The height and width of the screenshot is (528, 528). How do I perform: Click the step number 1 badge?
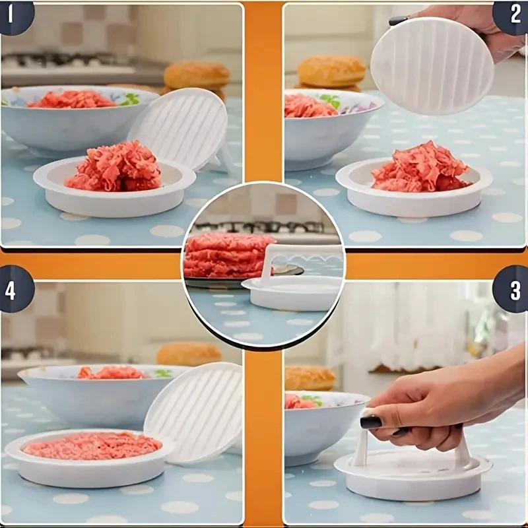click(x=13, y=15)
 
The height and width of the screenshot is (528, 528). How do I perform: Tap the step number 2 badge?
click(x=512, y=15)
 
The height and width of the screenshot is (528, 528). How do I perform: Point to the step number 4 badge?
click(x=14, y=290)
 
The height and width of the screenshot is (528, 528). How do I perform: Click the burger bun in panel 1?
click(x=197, y=76)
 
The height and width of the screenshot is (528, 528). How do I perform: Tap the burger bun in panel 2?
click(x=331, y=72)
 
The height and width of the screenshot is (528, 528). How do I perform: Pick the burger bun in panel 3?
click(x=310, y=378)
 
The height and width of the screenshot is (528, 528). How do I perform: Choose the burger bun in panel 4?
click(x=189, y=354)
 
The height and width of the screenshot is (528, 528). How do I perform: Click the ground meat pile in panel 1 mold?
click(x=114, y=167)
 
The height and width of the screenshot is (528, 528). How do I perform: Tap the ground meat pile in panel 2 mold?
click(x=421, y=168)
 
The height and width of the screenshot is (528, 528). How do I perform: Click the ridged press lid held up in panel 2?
click(x=432, y=65)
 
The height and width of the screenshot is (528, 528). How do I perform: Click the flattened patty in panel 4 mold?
click(x=92, y=446)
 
